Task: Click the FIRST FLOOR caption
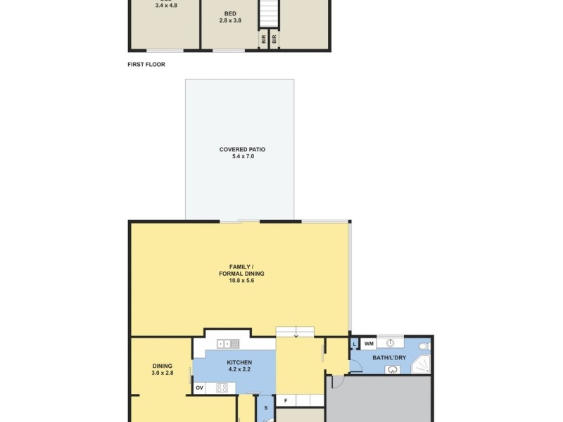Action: (146, 64)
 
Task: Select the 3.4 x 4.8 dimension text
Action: (166, 6)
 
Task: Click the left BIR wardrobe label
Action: (264, 41)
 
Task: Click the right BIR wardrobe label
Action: (274, 41)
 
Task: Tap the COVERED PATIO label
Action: (242, 149)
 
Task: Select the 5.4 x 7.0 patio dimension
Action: (242, 156)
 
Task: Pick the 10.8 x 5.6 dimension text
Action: (241, 281)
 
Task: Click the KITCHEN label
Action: (239, 362)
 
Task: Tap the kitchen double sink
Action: (229, 343)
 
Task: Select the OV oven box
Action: (199, 388)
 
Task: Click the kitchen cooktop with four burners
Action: (222, 388)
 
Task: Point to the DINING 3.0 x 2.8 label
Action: (162, 369)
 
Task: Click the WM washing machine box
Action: (369, 343)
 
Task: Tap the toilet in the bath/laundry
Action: (423, 347)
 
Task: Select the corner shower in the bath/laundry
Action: (421, 365)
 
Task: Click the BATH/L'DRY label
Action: (389, 358)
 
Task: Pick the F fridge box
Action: (286, 401)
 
